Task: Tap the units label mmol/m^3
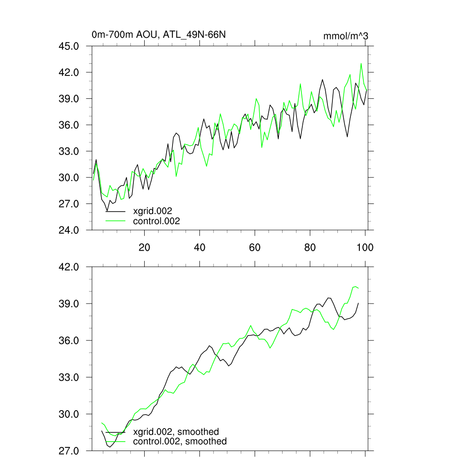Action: pos(345,35)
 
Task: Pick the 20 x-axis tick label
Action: pos(144,247)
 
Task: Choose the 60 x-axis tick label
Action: pos(255,247)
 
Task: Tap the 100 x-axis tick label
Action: pos(365,247)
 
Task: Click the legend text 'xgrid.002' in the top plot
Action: pos(153,211)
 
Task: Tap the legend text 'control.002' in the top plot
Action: pos(156,221)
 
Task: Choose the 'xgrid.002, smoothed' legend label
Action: pos(176,432)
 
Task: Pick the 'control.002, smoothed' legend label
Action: pos(180,442)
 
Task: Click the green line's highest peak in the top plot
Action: pos(361,64)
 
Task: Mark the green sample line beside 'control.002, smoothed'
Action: pos(115,442)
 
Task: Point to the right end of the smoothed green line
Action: pos(358,288)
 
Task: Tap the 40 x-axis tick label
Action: pos(199,247)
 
